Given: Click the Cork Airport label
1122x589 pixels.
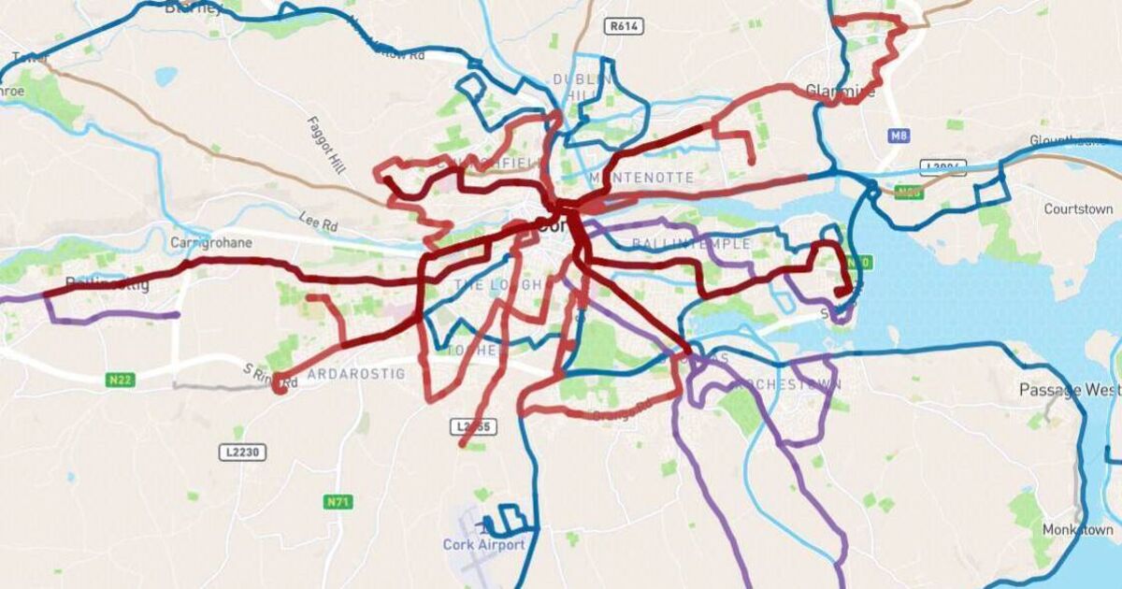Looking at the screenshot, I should click(483, 544).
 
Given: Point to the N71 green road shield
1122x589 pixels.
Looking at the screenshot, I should click(338, 502).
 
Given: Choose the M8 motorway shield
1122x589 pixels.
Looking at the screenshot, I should click(899, 136).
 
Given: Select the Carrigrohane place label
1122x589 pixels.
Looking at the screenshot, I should click(211, 242).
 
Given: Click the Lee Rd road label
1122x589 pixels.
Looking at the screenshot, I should click(318, 223).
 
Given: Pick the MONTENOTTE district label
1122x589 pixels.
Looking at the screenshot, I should click(641, 178).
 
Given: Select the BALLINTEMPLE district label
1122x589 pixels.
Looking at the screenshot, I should click(691, 244).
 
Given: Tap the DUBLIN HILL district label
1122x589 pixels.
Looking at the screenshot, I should click(581, 90).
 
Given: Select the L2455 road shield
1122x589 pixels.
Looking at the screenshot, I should click(475, 426).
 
